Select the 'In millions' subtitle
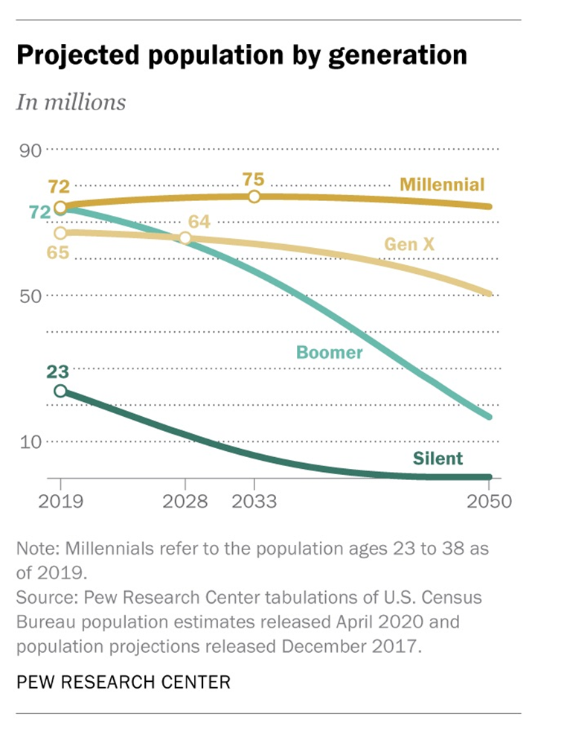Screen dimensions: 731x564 click(71, 102)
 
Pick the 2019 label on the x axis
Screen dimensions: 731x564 click(60, 500)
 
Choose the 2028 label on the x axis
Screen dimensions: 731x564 click(185, 500)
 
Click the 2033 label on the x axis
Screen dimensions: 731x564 click(254, 500)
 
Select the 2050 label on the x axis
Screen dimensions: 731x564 click(490, 500)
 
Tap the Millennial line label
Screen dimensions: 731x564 click(442, 184)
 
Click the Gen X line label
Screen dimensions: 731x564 click(409, 243)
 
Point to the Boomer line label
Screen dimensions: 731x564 click(330, 352)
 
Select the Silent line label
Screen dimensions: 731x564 click(438, 458)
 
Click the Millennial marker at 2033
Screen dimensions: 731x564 click(254, 197)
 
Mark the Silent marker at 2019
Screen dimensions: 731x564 click(60, 392)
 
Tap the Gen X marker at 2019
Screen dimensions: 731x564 click(60, 233)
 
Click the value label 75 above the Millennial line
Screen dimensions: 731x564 click(254, 179)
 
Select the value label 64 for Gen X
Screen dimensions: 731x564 click(199, 221)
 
